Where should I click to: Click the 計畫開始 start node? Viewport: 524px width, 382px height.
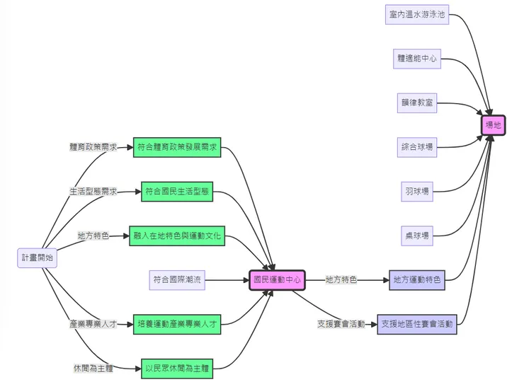[37, 258]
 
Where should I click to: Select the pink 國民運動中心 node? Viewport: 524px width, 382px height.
[277, 280]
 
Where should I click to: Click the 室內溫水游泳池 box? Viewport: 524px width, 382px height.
[417, 14]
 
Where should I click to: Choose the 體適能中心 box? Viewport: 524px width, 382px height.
[417, 59]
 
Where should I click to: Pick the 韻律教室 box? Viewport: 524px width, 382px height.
[417, 103]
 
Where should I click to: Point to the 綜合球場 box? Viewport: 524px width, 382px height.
[417, 148]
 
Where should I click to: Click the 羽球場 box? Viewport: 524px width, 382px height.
[417, 192]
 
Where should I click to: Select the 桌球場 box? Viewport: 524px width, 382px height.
[417, 236]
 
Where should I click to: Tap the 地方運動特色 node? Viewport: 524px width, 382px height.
[417, 280]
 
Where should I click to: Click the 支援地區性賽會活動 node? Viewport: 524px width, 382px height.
[417, 324]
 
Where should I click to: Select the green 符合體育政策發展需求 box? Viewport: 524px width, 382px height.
[177, 147]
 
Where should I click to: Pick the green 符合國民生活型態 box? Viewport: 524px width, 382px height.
[177, 191]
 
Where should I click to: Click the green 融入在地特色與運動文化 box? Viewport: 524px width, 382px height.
[177, 236]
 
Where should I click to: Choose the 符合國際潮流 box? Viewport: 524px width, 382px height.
[177, 280]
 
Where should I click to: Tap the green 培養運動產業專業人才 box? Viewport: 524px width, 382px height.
[177, 324]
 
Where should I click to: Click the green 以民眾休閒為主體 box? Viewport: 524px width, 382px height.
[177, 368]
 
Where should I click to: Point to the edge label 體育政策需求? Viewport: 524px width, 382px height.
[93, 147]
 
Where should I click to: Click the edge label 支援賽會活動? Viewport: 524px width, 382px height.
[341, 324]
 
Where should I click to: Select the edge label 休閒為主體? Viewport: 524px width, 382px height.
[93, 368]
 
